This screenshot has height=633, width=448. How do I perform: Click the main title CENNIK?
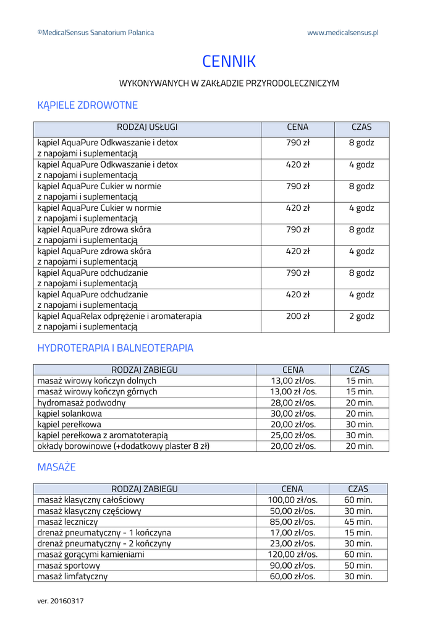(229, 61)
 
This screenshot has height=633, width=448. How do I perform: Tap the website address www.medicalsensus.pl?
(342, 33)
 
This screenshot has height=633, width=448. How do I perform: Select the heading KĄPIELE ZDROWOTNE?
(87, 105)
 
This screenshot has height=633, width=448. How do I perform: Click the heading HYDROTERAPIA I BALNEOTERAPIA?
(115, 348)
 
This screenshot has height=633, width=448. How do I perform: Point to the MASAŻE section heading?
(56, 467)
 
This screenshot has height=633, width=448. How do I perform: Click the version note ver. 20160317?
(61, 601)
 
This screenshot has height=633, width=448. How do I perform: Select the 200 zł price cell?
(297, 316)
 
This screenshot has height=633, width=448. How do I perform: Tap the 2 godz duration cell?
(361, 316)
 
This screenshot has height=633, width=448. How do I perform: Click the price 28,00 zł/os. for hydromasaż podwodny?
(293, 403)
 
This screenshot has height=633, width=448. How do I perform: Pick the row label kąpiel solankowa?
(70, 414)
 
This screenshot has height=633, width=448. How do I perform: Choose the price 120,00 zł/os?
(292, 554)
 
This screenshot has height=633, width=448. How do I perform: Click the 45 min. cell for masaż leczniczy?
(358, 522)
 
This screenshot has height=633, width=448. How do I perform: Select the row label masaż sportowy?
(69, 566)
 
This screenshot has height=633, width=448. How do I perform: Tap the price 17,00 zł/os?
(292, 533)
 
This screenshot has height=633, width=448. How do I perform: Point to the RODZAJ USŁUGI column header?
(147, 127)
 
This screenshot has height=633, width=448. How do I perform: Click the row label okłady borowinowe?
(124, 446)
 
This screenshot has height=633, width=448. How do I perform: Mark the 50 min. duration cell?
(358, 566)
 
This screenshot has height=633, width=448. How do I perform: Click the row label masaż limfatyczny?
(72, 576)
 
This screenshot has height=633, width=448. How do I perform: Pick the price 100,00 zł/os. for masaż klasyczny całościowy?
(292, 500)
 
